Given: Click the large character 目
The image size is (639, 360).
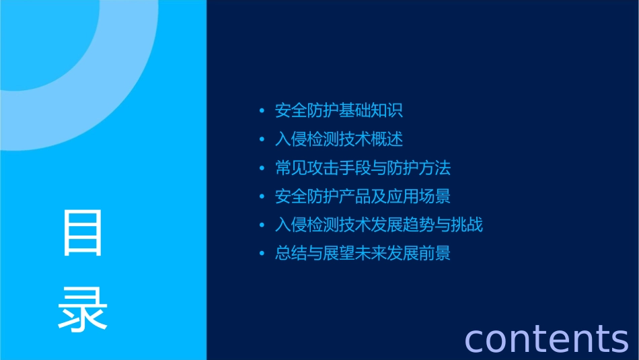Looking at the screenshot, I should click(x=83, y=233).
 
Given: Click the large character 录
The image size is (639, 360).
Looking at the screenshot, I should click(x=83, y=309).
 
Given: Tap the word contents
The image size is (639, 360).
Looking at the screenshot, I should click(x=546, y=338).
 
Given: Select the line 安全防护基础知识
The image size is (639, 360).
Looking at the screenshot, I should click(x=339, y=110).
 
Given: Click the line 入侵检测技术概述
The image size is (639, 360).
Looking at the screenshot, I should click(x=339, y=139).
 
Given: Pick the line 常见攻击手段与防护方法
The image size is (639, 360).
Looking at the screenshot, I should click(x=363, y=168).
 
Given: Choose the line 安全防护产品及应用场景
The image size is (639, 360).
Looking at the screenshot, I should click(x=363, y=196).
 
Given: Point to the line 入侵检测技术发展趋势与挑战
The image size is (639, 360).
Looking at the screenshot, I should click(x=379, y=225).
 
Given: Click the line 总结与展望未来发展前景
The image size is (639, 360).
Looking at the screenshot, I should click(x=363, y=254).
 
